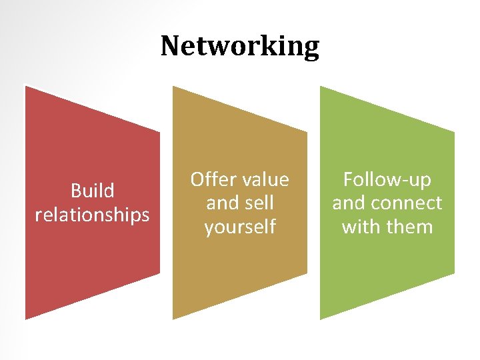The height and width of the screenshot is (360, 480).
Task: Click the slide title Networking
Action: click(240, 46)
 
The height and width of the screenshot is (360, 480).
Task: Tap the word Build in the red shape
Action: click(92, 191)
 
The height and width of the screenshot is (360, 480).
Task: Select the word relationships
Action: click(92, 215)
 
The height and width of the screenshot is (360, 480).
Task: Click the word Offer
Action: click(214, 180)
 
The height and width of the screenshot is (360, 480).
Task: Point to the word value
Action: click(265, 180)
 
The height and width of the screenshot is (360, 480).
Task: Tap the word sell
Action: click(260, 203)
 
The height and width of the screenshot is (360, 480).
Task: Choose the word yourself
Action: click(240, 227)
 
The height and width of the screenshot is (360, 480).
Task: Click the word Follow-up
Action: click(387, 180)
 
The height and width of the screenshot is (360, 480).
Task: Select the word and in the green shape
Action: click(349, 203)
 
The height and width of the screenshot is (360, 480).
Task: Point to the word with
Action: click(361, 227)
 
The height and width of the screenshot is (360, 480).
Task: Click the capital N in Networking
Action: click(170, 46)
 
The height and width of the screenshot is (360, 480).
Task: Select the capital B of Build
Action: click(75, 191)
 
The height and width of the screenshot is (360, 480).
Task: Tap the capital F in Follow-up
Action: click(348, 180)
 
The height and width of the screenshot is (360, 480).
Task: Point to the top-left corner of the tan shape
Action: click(173, 87)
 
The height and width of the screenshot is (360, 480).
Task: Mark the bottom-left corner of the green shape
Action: click(321, 319)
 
